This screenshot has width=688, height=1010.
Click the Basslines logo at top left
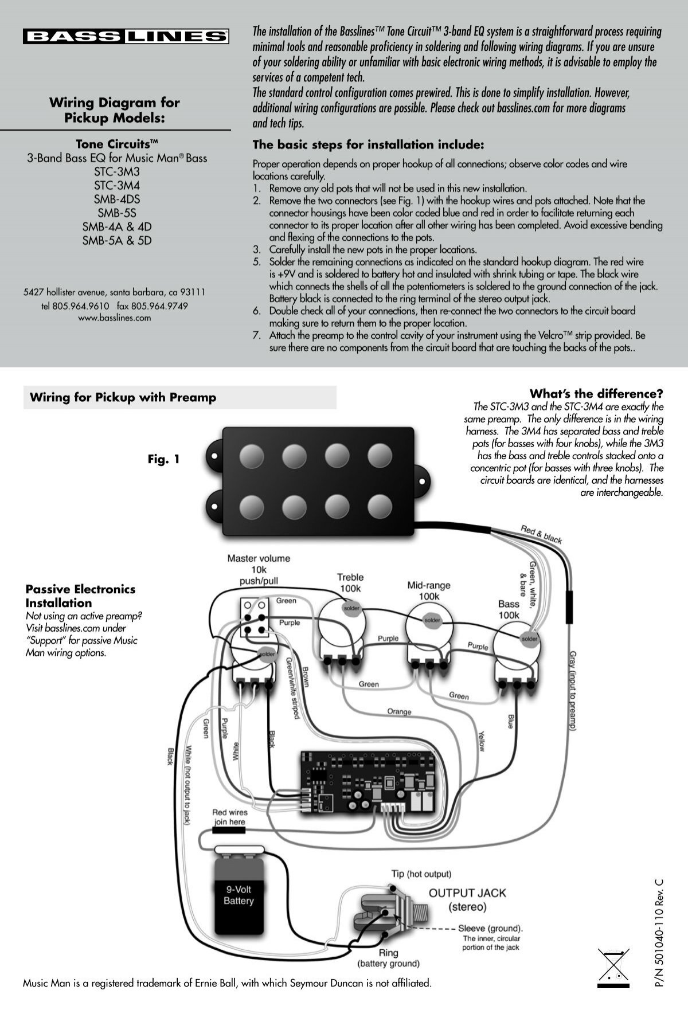pyautogui.click(x=126, y=37)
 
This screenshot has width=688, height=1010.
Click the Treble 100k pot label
pyautogui.click(x=350, y=583)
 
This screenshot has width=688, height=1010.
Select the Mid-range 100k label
pyautogui.click(x=428, y=590)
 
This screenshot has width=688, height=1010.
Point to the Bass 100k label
pyautogui.click(x=509, y=609)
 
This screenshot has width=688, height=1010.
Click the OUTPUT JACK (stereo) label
pyautogui.click(x=467, y=899)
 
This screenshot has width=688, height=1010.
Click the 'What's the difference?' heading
pyautogui.click(x=596, y=394)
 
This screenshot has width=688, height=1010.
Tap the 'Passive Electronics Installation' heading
pyautogui.click(x=80, y=596)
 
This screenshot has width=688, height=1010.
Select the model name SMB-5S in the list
pyautogui.click(x=116, y=213)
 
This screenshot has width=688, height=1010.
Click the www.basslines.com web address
pyautogui.click(x=114, y=318)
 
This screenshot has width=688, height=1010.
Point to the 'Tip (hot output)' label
pyautogui.click(x=421, y=874)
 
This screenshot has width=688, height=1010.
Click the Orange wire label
pyautogui.click(x=399, y=712)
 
